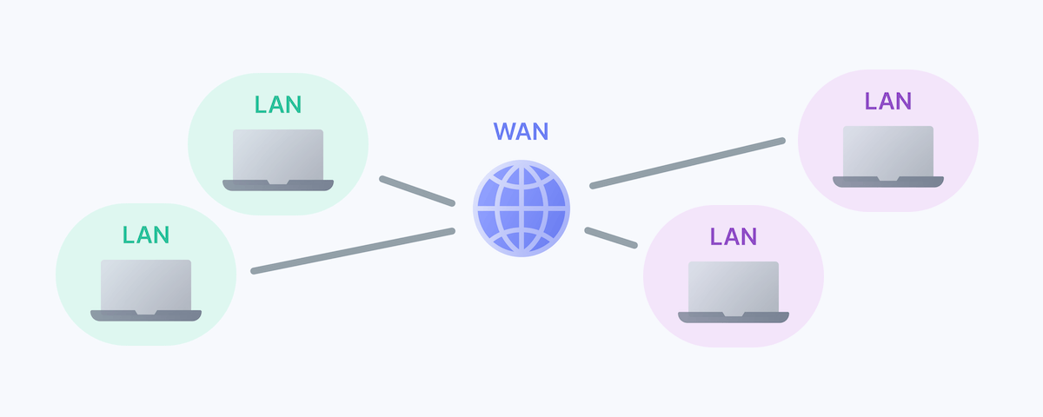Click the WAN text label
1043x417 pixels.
coord(521,132)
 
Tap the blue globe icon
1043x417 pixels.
coord(521,208)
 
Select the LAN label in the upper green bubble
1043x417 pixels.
coord(278,105)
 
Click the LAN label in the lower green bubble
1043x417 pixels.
coord(146,235)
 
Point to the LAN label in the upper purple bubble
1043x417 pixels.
coord(888,102)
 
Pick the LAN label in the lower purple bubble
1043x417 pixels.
coord(734,236)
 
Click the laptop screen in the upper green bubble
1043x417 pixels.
coord(278,155)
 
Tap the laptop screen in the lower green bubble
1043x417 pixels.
coord(146,284)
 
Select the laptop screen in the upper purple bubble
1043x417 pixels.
coord(888,151)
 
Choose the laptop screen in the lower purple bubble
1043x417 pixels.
coord(734,286)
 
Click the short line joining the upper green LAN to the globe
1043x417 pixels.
coord(417,191)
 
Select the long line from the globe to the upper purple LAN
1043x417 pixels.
coord(687,162)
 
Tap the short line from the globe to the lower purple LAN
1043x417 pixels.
coord(611,238)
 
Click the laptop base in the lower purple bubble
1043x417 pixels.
coord(734,317)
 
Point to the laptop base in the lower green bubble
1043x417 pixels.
coord(146,315)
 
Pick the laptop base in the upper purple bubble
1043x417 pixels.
coord(888,182)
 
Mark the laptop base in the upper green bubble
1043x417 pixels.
coord(278,185)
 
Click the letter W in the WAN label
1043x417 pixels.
coord(505,132)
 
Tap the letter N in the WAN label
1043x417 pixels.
coord(540,132)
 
